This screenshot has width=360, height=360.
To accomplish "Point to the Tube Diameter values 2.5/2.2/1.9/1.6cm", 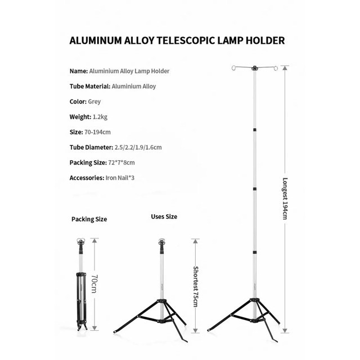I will [x=138, y=147].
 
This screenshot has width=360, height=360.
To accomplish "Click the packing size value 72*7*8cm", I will [x=121, y=163].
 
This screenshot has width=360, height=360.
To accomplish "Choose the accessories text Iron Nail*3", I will [x=120, y=178].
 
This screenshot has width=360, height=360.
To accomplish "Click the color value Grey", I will [x=94, y=102].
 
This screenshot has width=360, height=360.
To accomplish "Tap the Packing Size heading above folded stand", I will [x=89, y=219].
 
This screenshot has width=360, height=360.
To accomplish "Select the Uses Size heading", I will [x=164, y=217].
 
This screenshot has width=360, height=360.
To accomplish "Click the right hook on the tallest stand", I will [x=275, y=68].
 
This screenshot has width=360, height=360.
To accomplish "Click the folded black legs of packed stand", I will [x=81, y=301].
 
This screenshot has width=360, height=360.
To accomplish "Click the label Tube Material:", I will [x=89, y=87].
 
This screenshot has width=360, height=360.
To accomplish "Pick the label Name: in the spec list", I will [x=78, y=71].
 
